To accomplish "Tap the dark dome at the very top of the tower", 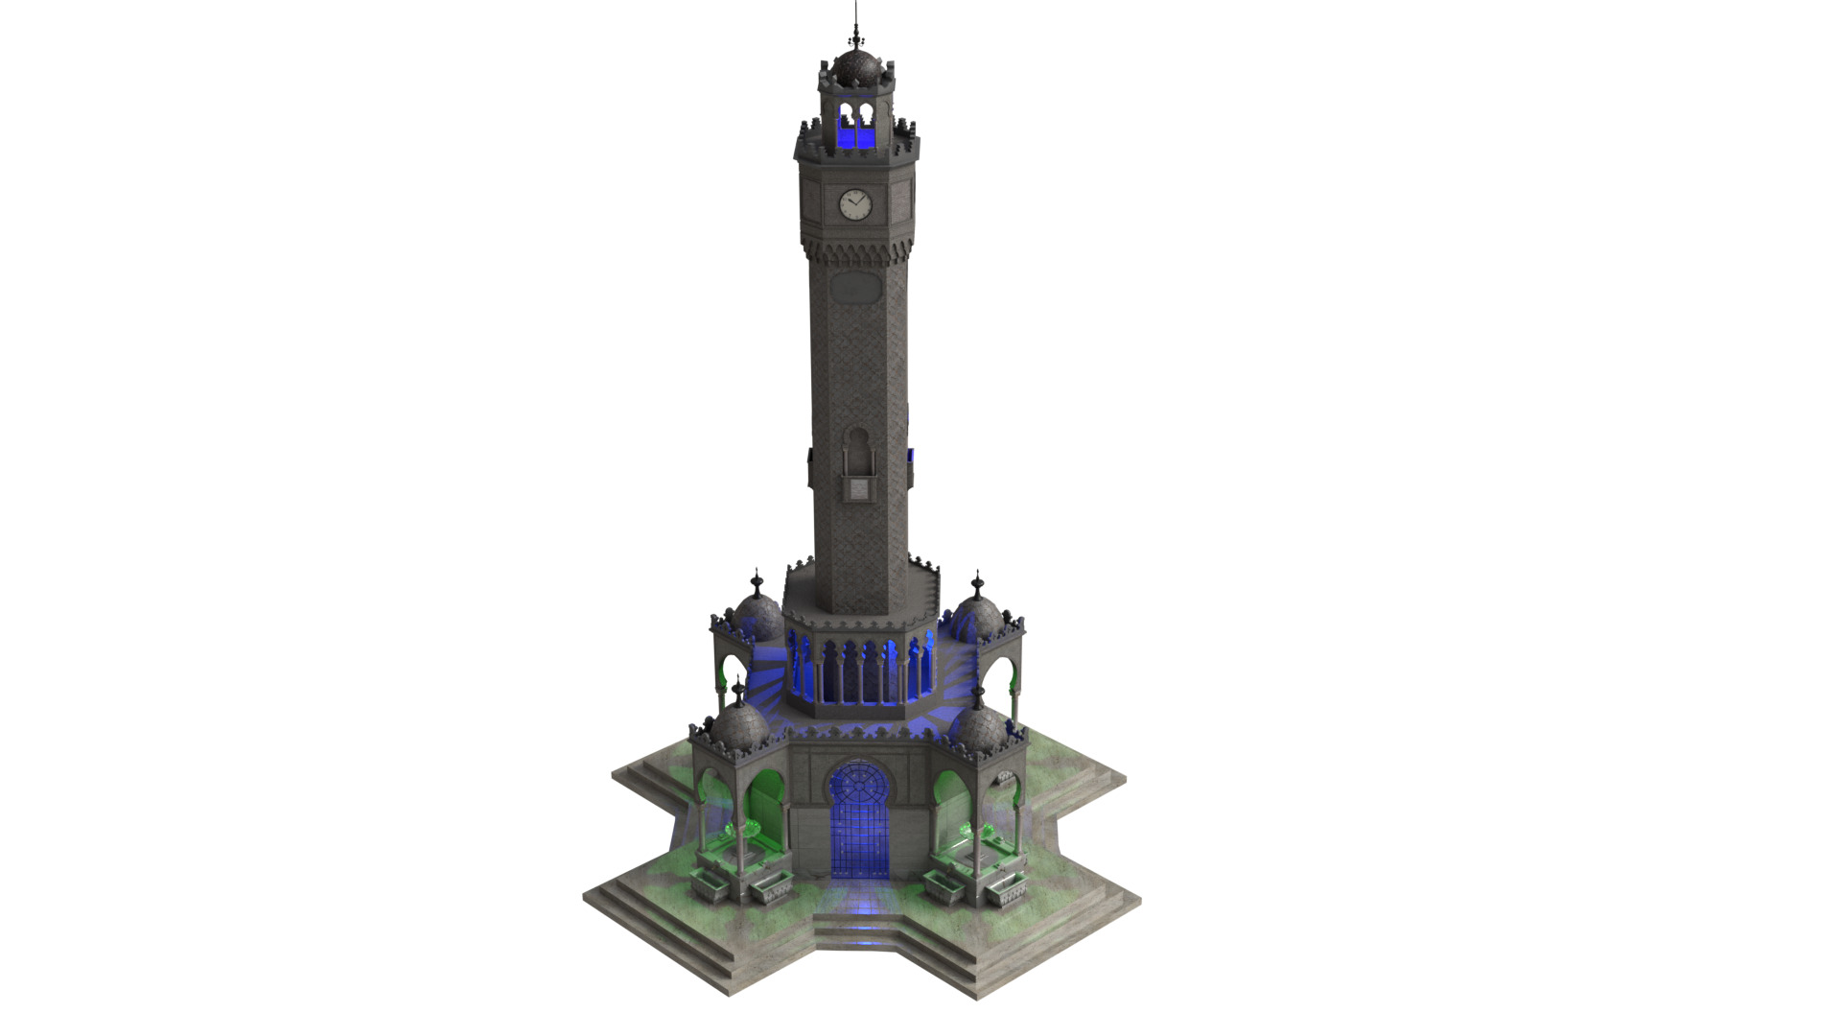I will click(855, 68).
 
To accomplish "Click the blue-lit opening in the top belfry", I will click(855, 129).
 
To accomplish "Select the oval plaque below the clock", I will click(854, 285).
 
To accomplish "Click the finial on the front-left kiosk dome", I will click(737, 689).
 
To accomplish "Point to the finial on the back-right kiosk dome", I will click(977, 581).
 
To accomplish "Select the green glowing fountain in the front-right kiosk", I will click(978, 830).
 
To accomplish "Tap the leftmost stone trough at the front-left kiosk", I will click(711, 886).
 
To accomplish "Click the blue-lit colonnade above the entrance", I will click(860, 671).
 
